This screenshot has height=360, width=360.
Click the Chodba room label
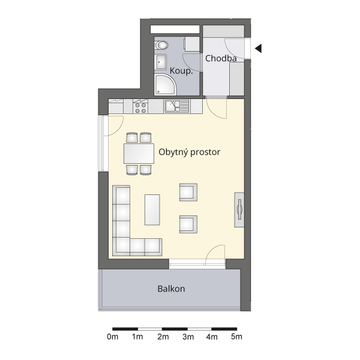[221, 58]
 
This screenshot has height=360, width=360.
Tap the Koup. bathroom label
[181, 71]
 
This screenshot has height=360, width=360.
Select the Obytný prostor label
[190, 152]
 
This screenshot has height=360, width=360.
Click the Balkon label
[171, 289]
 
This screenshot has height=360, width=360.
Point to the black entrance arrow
[258, 49]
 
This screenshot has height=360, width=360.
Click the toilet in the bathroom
[161, 45]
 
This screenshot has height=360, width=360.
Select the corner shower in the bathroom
[166, 84]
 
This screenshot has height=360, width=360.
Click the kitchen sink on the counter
[176, 106]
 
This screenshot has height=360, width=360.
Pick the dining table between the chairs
[139, 154]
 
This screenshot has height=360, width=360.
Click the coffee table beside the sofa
[152, 210]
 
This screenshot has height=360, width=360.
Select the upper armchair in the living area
[188, 192]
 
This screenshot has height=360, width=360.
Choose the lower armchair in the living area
[188, 224]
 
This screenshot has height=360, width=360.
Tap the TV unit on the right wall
[239, 210]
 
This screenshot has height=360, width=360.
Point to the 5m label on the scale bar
[236, 337]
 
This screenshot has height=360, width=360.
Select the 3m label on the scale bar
[188, 337]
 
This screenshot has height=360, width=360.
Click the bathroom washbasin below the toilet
[161, 62]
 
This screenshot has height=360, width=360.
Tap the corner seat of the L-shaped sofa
[121, 247]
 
